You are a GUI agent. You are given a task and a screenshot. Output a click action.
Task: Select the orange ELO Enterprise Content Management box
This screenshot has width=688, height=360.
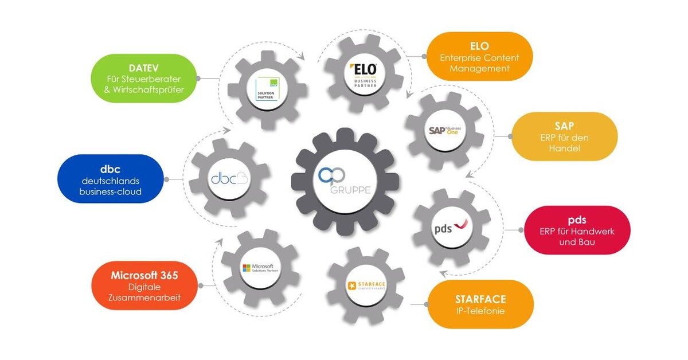pos(479,56)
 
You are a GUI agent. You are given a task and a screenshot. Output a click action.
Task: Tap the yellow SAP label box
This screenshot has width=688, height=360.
pos(564,136)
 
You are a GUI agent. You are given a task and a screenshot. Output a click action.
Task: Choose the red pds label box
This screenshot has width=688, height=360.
pos(577,230)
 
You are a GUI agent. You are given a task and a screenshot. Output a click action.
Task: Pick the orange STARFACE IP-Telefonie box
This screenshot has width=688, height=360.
pos(480,304)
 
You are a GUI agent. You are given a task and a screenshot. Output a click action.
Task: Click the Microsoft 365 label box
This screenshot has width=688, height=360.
pos(144,285)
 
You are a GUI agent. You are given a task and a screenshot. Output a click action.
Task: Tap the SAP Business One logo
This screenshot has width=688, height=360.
pos(445,130)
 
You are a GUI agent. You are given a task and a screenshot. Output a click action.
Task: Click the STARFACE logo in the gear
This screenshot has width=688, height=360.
pos(365,285)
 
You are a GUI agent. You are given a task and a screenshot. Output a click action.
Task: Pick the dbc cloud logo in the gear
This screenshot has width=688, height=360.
pos(229,178)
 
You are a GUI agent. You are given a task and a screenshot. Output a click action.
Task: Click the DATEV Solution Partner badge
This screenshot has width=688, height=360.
pos(267,89)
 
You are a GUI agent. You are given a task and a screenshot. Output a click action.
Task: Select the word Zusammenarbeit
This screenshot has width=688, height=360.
pos(144,298)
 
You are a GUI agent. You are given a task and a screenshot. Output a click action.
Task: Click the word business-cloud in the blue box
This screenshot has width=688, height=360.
pos(110,191)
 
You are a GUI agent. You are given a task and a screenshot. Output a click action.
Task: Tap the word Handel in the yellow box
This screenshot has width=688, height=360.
pos(564,148)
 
